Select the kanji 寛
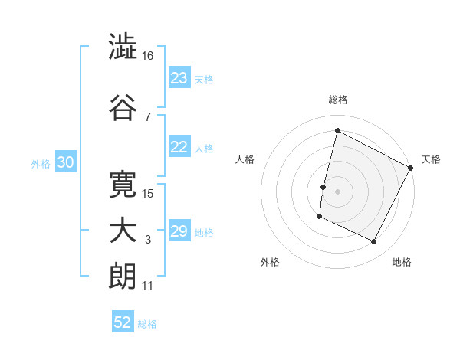(x=123, y=183)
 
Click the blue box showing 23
(x=179, y=78)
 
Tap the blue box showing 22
(x=179, y=148)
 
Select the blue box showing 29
(x=179, y=232)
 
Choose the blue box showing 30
(x=65, y=163)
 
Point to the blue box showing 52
(x=123, y=322)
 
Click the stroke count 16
(x=148, y=56)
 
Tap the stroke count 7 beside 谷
(x=147, y=116)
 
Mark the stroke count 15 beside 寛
(x=149, y=193)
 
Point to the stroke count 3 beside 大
(x=148, y=240)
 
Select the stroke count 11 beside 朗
(x=147, y=286)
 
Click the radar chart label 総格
(x=337, y=100)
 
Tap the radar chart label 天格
(x=431, y=159)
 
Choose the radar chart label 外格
(x=270, y=262)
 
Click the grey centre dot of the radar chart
(x=337, y=191)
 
